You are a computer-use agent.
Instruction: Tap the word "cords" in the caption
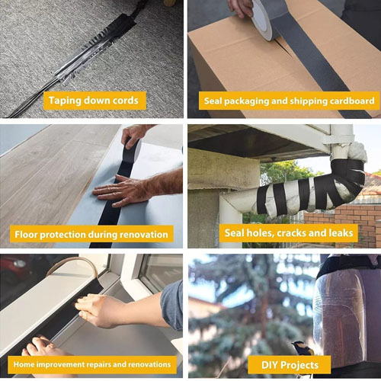[x=126, y=101]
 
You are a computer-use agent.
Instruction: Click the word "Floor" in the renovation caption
[x=26, y=234]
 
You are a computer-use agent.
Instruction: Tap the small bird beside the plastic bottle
[x=303, y=348]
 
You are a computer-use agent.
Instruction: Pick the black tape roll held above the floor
[x=133, y=152]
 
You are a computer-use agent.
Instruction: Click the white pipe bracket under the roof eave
[x=339, y=139]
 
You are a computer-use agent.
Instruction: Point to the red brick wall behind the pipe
[x=356, y=223]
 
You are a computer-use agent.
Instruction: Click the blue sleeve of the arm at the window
[x=172, y=305]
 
